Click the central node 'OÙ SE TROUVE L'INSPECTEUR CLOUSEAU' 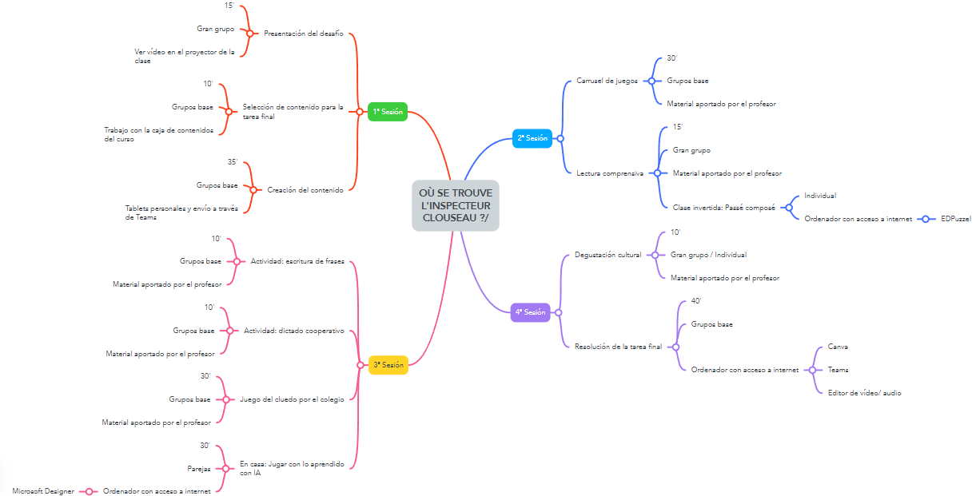coord(456,205)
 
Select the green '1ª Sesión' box coord(388,112)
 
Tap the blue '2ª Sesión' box coord(532,138)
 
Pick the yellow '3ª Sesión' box coord(388,365)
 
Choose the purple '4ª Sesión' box coord(530,311)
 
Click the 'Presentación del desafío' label coord(303,34)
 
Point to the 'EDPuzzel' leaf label coord(956,218)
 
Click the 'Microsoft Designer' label coord(43,491)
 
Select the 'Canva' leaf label coord(838,347)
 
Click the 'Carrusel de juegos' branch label coord(607,81)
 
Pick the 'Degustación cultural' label coord(608,255)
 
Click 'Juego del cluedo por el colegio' coord(292,399)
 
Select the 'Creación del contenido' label coord(305,190)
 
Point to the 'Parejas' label coord(199,469)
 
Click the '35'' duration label coord(233,162)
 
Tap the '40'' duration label coord(695,301)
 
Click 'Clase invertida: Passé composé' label coord(723,207)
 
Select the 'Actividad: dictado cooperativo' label coord(293,331)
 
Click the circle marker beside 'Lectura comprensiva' coord(657,173)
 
